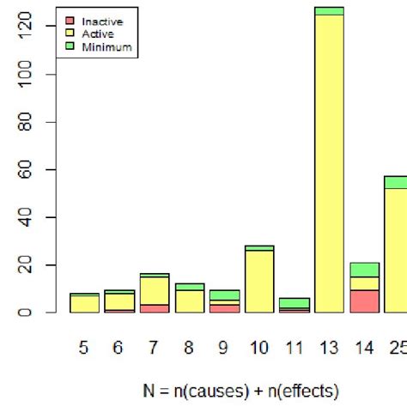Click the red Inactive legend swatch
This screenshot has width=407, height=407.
click(x=69, y=21)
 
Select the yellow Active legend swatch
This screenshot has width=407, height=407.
click(x=69, y=33)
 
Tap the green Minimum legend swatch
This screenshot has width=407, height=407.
click(x=69, y=46)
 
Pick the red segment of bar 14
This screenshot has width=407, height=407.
click(x=364, y=301)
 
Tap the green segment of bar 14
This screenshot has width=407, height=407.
click(x=364, y=270)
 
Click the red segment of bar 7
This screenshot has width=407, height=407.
click(x=154, y=308)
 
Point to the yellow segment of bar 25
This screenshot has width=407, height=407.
click(x=396, y=250)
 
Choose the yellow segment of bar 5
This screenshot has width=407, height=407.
click(x=84, y=304)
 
